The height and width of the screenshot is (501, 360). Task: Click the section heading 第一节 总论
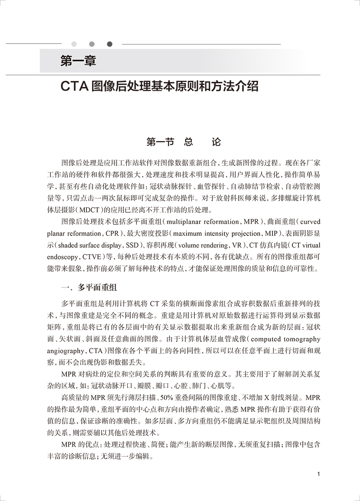[x=184, y=142]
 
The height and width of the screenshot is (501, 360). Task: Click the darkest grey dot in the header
[x=110, y=44]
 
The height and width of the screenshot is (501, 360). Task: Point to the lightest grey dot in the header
[x=74, y=44]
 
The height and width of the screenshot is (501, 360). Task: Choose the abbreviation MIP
[x=272, y=233]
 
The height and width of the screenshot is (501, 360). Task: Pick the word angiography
[x=65, y=351]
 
